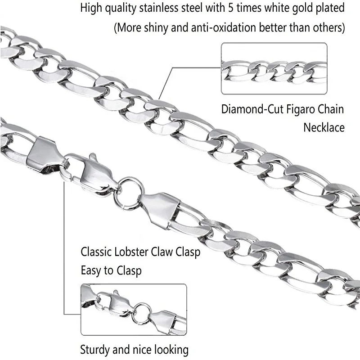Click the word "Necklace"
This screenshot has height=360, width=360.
pyautogui.click(x=324, y=127)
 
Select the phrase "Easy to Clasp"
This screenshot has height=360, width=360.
pyautogui.click(x=111, y=270)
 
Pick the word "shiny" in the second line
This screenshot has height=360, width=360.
pyautogui.click(x=149, y=27)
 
